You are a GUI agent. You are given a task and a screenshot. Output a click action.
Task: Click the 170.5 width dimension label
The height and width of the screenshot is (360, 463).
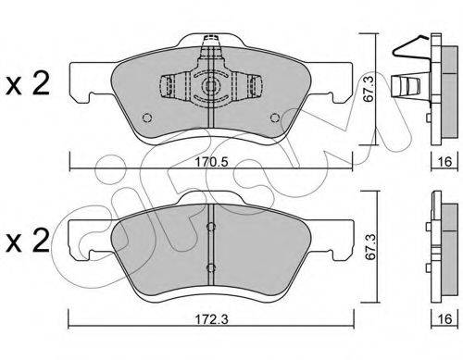[212, 162]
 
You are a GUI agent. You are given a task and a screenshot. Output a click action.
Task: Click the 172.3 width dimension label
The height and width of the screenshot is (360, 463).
[212, 319]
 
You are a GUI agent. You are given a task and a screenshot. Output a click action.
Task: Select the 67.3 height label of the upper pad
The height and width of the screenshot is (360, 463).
[369, 90]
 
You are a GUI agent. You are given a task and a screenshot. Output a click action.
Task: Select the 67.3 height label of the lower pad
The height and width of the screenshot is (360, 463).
[369, 247]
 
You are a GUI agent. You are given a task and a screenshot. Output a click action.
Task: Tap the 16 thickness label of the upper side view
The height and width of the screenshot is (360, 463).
[444, 161]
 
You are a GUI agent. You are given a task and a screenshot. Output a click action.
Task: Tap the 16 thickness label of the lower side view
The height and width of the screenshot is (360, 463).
[444, 318]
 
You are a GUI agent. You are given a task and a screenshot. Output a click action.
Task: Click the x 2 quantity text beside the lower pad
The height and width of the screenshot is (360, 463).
[28, 240]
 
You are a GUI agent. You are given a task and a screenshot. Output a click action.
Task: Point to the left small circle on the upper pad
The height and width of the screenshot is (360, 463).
[147, 118]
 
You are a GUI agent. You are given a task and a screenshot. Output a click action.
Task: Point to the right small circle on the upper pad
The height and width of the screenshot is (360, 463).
[275, 118]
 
